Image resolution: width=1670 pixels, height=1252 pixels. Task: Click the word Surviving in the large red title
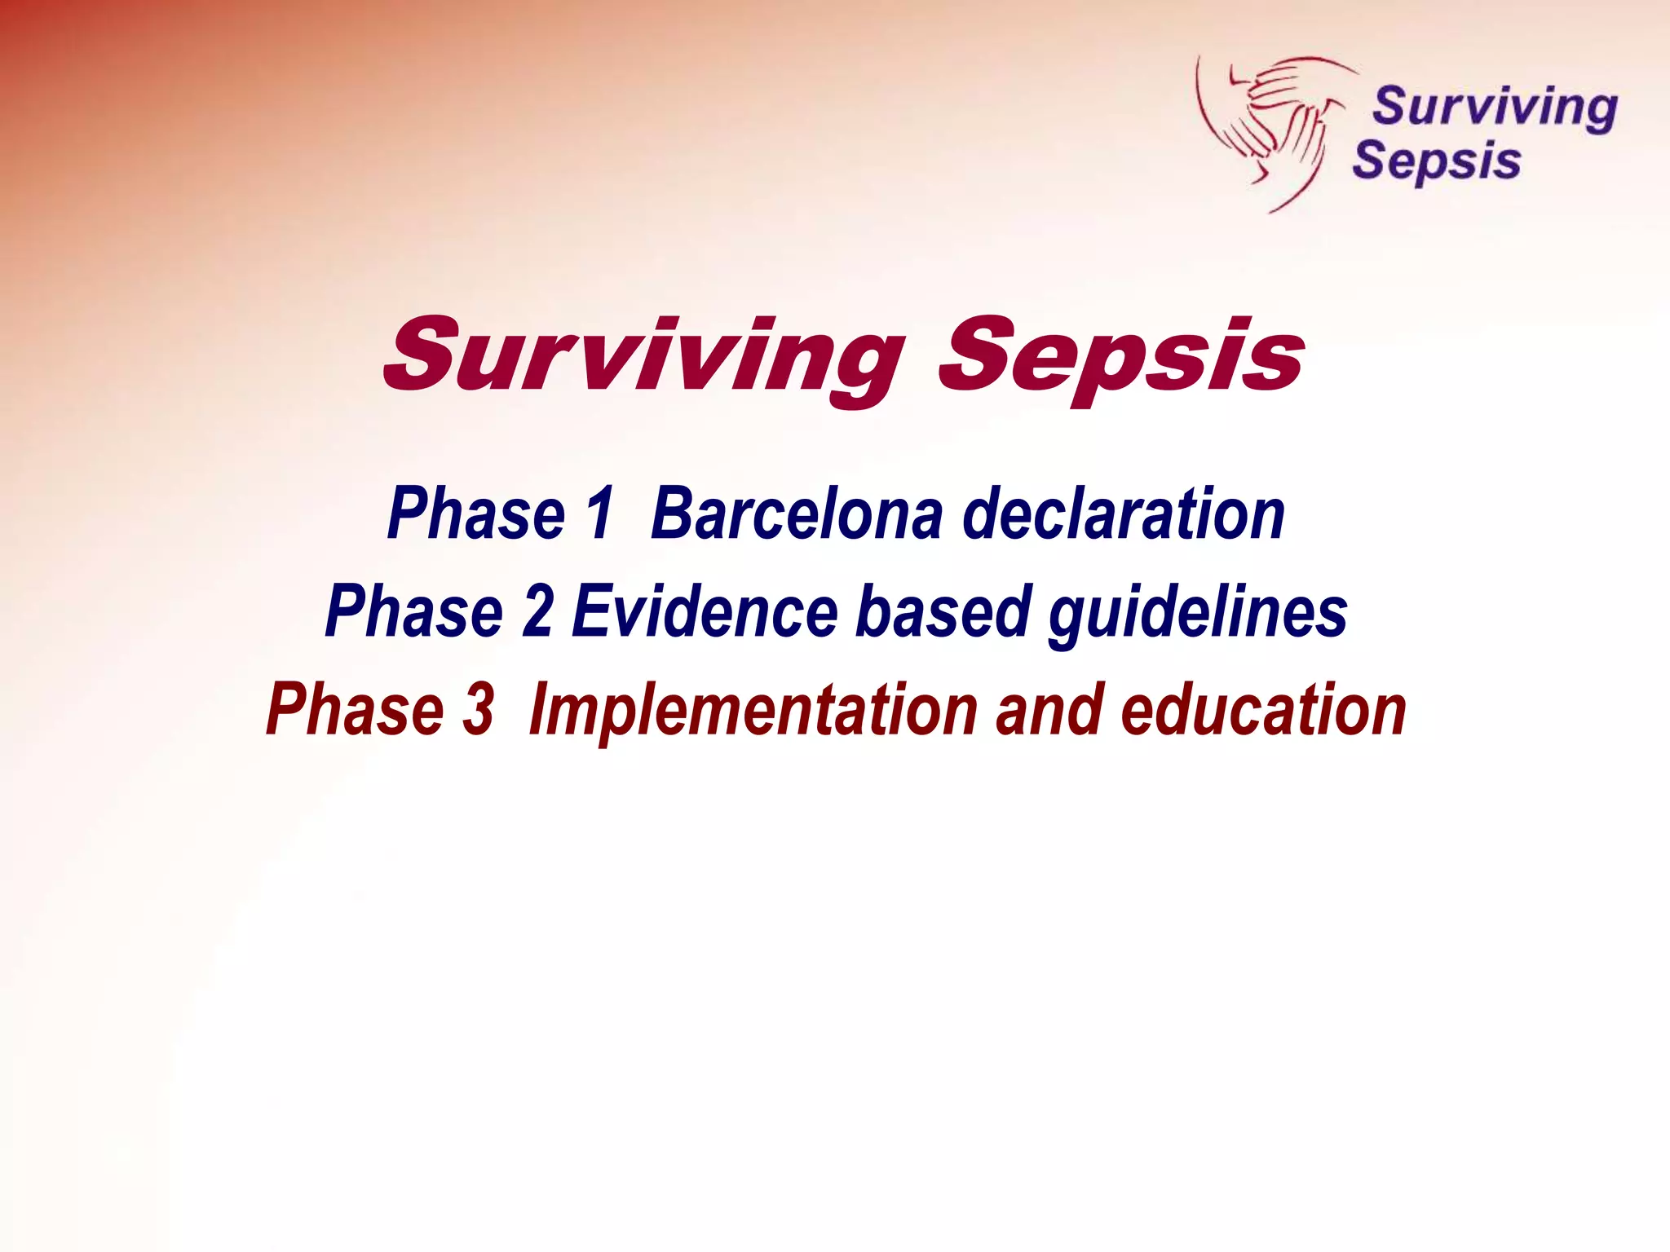[644, 357]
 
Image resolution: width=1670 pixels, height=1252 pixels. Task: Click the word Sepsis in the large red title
[1120, 357]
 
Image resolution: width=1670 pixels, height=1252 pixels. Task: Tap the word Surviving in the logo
[1494, 107]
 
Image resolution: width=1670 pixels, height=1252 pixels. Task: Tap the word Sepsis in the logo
[1436, 161]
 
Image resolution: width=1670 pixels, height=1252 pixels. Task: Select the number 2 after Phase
[538, 611]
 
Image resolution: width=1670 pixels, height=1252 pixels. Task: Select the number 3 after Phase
[479, 709]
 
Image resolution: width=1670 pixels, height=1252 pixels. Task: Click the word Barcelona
[797, 514]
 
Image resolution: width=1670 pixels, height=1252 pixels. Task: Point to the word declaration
[1123, 514]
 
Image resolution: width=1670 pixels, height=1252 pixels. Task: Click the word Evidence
[705, 611]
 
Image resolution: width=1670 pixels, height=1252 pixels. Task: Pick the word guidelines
[1197, 613]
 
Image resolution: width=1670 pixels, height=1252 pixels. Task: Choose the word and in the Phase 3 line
[1049, 709]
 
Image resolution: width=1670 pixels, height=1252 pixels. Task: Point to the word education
[1263, 709]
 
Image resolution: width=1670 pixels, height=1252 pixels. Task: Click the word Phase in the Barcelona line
[476, 514]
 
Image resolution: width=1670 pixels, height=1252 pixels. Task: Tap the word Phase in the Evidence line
[414, 611]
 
